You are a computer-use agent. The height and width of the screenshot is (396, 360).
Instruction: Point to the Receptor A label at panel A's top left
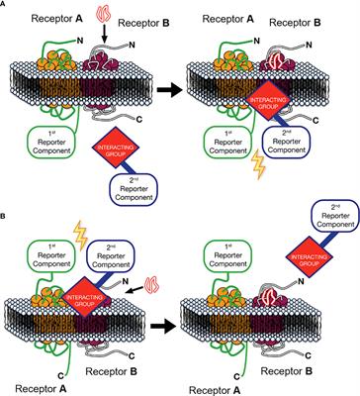(x=36, y=17)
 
